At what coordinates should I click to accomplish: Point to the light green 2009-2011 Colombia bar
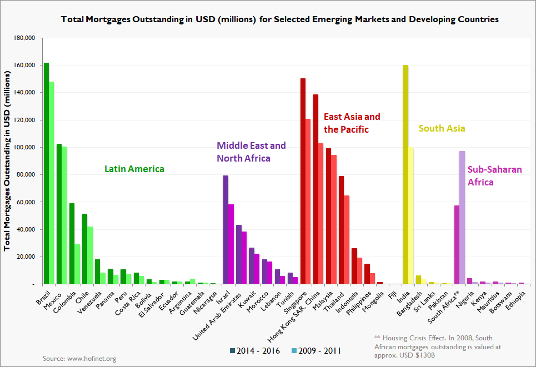point(77,264)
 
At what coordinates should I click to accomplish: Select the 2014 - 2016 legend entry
point(256,350)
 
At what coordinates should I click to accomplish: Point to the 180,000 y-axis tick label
point(24,38)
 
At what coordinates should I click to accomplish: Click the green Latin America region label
point(134,168)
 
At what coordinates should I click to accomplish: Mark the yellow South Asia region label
point(442,128)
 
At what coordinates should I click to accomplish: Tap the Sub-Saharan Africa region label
point(487,175)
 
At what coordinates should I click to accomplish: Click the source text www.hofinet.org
point(79,359)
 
